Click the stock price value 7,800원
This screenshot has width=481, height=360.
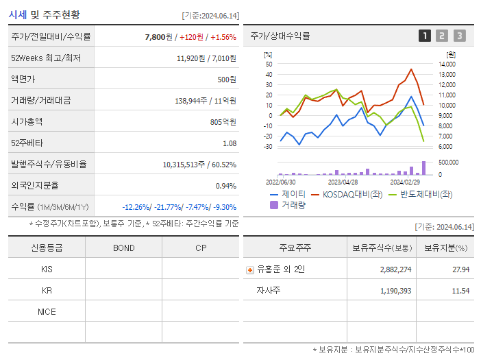click(x=158, y=37)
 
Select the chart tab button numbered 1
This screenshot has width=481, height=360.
click(x=425, y=36)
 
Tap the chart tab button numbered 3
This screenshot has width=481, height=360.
click(x=459, y=36)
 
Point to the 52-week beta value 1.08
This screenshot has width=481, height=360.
click(x=230, y=143)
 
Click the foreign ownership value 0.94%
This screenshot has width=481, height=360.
click(x=226, y=186)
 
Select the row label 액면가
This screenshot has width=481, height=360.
click(x=24, y=80)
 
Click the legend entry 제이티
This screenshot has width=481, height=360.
click(x=293, y=195)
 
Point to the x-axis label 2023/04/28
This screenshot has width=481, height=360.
click(x=343, y=182)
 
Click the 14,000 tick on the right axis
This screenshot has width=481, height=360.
click(x=447, y=64)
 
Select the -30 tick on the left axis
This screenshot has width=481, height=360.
click(x=268, y=147)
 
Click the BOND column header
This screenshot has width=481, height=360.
click(x=123, y=248)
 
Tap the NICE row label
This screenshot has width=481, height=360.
click(x=47, y=312)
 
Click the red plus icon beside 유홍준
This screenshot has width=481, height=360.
click(x=250, y=270)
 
